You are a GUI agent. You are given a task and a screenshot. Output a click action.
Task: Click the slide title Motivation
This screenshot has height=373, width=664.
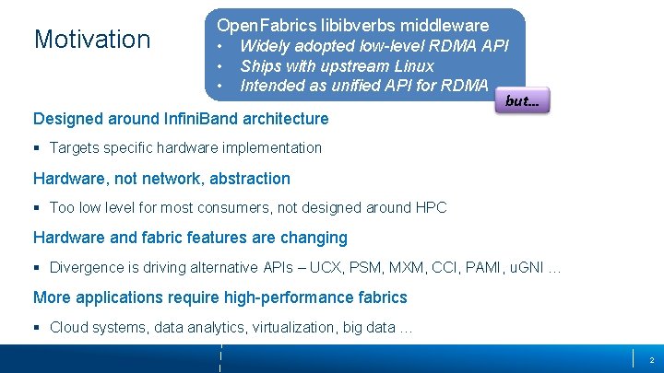click(91, 40)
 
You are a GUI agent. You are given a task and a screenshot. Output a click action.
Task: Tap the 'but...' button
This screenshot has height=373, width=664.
click(522, 101)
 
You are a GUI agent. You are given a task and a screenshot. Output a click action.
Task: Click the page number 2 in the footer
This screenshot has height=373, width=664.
click(651, 359)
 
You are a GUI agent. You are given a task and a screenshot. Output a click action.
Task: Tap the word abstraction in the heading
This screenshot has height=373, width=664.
click(249, 179)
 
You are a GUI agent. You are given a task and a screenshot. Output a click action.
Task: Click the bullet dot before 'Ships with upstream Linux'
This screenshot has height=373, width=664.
click(220, 66)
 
